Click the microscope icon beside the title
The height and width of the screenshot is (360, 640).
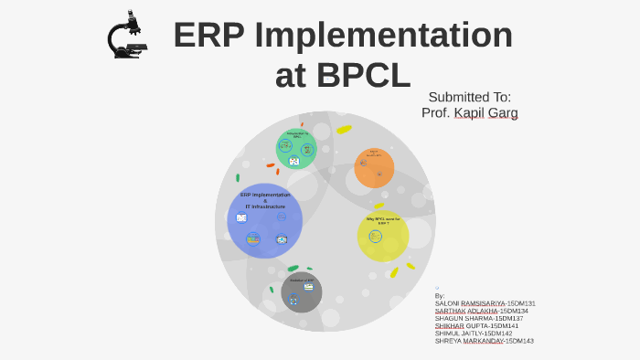coord(126,37)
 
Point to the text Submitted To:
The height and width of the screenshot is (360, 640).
coord(469,97)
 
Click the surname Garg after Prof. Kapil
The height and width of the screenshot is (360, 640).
coord(502,113)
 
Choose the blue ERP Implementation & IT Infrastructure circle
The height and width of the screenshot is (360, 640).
coord(265,220)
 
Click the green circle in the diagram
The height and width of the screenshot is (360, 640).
coord(295,149)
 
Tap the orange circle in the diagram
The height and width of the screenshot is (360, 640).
coord(374,168)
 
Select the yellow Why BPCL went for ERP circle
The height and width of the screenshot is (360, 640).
coord(382,236)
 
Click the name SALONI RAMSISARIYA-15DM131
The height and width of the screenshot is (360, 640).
coord(485,303)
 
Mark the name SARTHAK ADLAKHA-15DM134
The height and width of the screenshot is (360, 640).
coord(481,311)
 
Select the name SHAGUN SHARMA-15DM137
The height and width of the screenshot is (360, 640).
coord(479,318)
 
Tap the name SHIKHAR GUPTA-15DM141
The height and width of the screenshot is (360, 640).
coord(476,325)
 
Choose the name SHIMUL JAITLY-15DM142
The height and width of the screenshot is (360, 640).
coord(474,334)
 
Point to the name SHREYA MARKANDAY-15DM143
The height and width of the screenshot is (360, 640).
coord(484,341)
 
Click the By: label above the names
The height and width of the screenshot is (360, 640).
coord(440,296)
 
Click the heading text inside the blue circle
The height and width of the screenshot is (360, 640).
coord(265,200)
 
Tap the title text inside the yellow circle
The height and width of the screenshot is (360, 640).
coord(383,220)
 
